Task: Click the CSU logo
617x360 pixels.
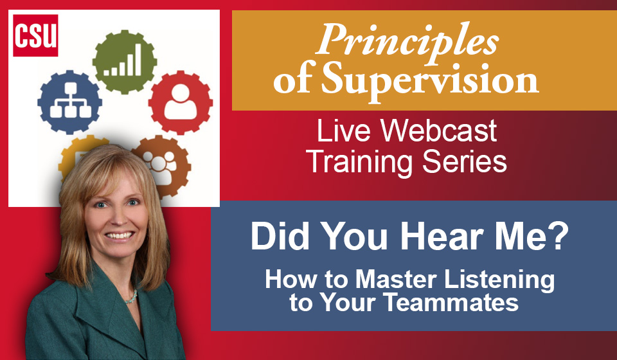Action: [x=35, y=35]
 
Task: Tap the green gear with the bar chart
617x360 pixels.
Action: [x=124, y=62]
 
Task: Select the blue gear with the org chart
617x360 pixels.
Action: [x=69, y=102]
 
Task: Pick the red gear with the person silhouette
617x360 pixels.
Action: [x=181, y=102]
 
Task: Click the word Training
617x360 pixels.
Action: [x=361, y=162]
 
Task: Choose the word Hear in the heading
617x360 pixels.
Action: [x=442, y=236]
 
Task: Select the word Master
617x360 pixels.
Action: [x=397, y=279]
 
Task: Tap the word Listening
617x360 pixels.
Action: [x=499, y=281]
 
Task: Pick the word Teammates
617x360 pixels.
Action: [x=451, y=303]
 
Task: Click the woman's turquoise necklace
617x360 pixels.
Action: [x=131, y=298]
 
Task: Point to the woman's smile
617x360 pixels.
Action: [x=120, y=236]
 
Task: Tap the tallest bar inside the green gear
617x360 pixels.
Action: [x=138, y=59]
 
